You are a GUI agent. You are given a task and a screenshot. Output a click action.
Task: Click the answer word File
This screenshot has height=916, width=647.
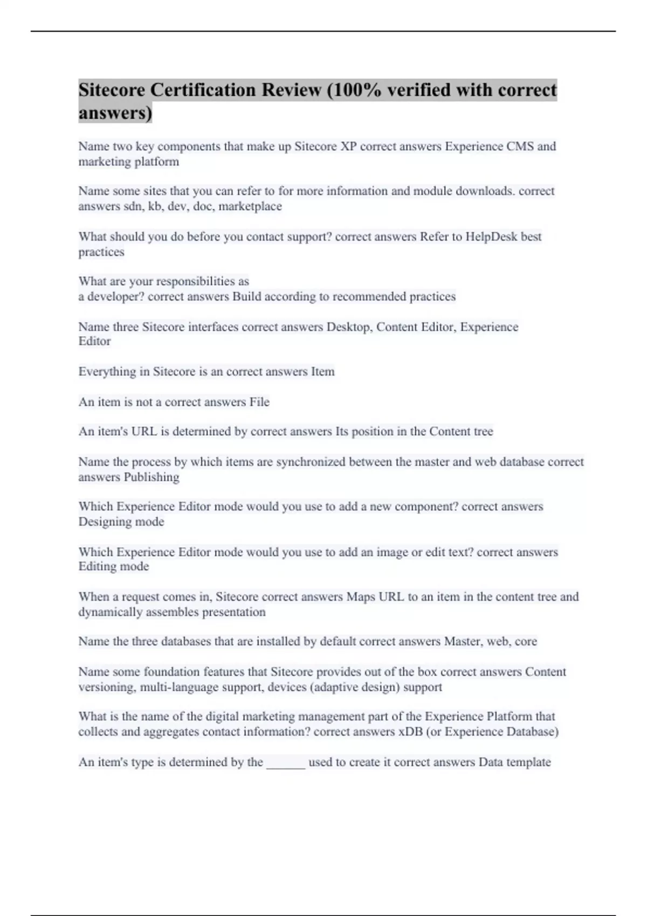pos(259,402)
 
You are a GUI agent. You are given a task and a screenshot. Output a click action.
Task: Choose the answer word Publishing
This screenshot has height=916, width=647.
pos(152,477)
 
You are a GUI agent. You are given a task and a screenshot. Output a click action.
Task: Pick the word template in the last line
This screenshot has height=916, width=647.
pos(529,762)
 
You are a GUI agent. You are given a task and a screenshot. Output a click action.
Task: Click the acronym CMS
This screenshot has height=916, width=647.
pos(520,146)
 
